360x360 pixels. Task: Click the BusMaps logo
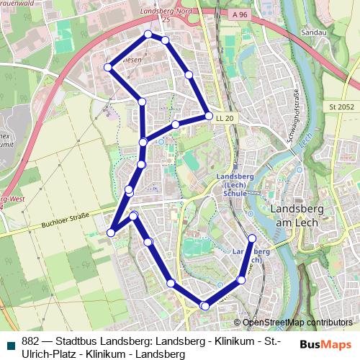pos(326,343)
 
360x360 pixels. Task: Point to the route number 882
pos(30,342)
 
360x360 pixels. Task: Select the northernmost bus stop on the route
pos(148,35)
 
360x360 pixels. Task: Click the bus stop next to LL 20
pos(208,116)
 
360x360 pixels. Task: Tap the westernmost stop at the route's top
pos(109,67)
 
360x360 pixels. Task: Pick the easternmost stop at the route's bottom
pos(252,238)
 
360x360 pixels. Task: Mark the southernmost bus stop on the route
pos(205,306)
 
